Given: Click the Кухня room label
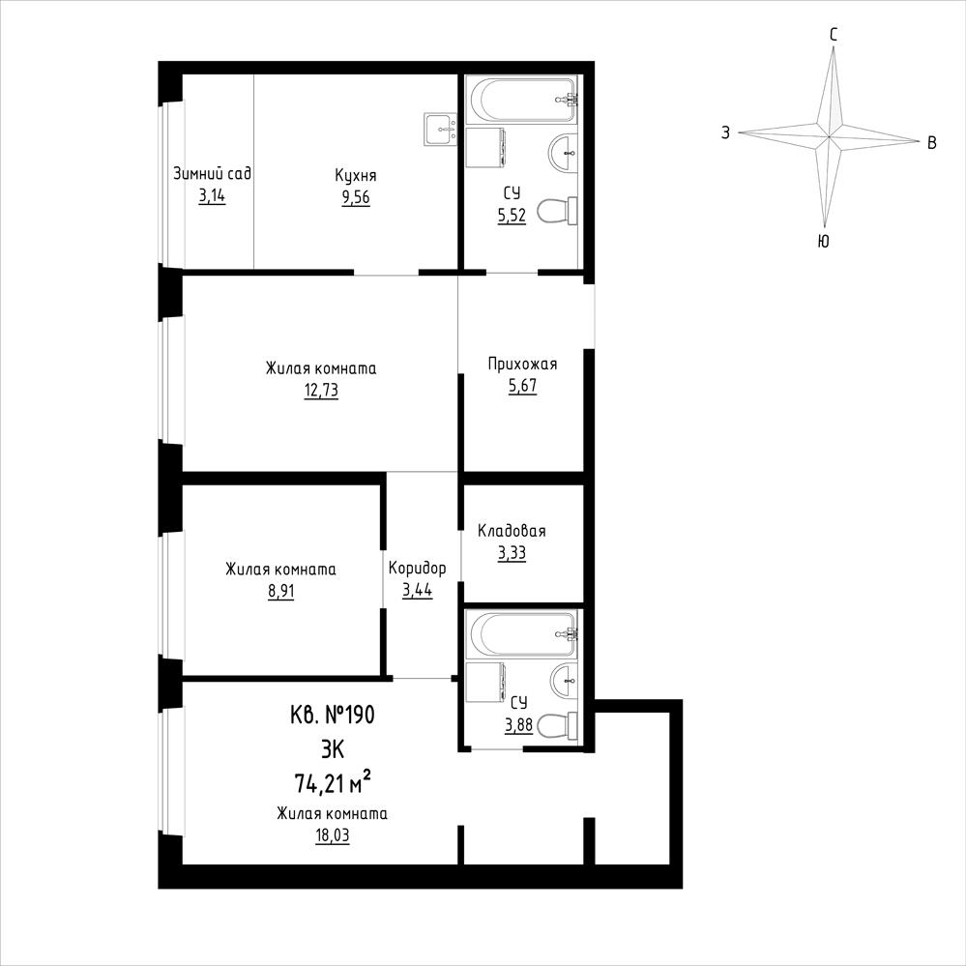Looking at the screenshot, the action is click(x=356, y=176).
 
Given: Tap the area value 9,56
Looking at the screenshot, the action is click(x=356, y=198).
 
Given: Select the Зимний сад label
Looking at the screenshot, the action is click(x=212, y=173).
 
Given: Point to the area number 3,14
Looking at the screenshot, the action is click(x=212, y=196).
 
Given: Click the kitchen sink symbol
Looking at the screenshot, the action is click(x=440, y=130).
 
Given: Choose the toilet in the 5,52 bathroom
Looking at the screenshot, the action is click(x=557, y=211).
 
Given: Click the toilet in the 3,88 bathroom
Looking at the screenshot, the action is click(x=557, y=724).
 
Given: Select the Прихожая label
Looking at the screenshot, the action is click(x=522, y=365).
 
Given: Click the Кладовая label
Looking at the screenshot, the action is click(x=512, y=531).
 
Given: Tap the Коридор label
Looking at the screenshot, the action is click(x=417, y=568).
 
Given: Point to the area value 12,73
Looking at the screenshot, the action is click(x=321, y=391).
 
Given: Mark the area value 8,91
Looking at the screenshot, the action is click(x=281, y=592).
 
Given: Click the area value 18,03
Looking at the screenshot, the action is click(x=332, y=836).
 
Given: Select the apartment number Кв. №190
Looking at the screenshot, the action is click(x=332, y=716).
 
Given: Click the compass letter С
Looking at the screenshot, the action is click(x=834, y=35).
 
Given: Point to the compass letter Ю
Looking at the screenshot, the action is click(x=823, y=242).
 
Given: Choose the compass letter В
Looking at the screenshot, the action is click(x=932, y=143).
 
